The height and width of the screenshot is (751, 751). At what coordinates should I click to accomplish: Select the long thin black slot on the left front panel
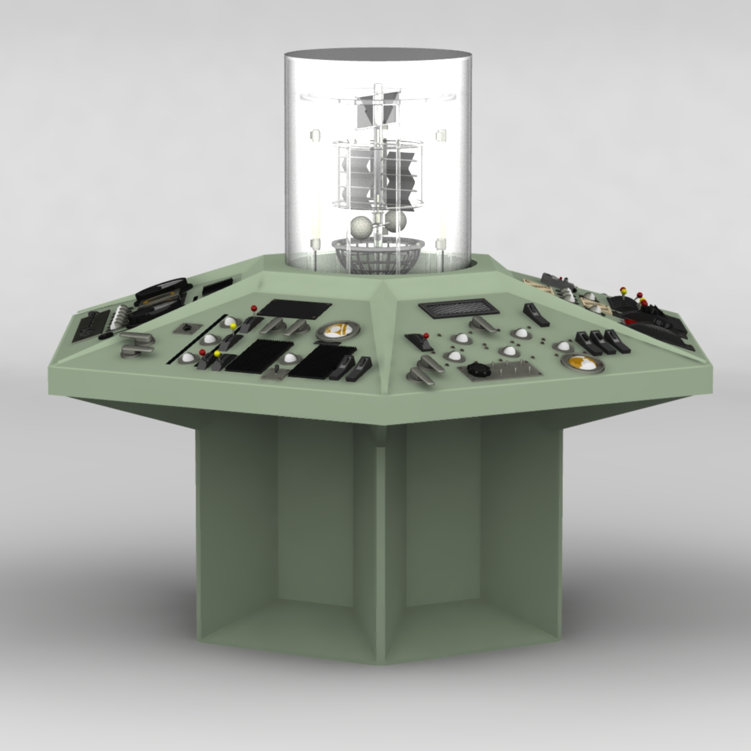[195, 339]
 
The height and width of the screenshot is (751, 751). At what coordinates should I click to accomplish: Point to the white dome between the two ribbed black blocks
[291, 358]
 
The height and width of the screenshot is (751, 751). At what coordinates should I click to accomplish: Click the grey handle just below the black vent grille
[481, 324]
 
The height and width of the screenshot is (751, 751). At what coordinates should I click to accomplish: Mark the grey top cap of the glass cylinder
[375, 54]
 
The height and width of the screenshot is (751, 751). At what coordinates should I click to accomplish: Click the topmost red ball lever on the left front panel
[254, 307]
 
